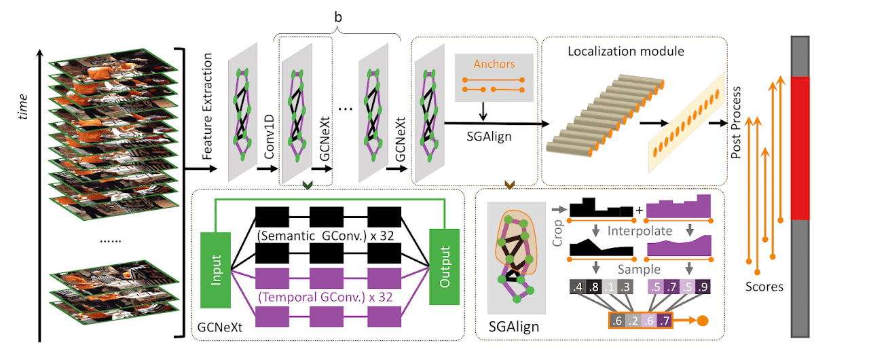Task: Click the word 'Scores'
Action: pyautogui.click(x=764, y=286)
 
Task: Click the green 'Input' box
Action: pyautogui.click(x=216, y=268)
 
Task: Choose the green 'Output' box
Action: pyautogui.click(x=445, y=268)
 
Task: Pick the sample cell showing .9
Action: pyautogui.click(x=703, y=286)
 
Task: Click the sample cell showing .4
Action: pyautogui.click(x=578, y=286)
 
